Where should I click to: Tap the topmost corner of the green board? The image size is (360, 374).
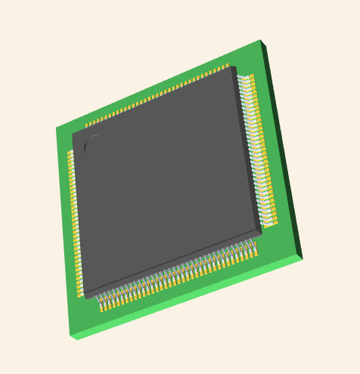pos(260,41)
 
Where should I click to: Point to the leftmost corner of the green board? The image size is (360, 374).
pos(57,129)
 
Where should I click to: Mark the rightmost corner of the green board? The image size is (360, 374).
pos(303,258)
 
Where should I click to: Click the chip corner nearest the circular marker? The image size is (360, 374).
pos(73,135)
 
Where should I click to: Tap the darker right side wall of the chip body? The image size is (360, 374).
pos(248,151)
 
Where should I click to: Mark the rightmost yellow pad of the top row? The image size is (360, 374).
pos(226,66)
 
